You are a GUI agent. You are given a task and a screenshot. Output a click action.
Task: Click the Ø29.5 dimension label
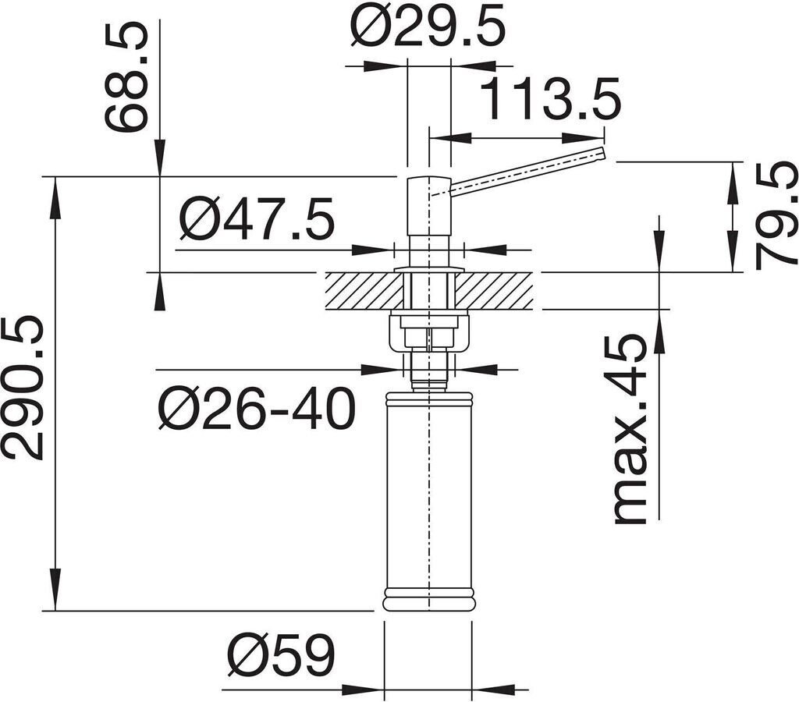[428, 27]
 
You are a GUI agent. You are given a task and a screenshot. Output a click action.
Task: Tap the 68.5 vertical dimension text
[126, 76]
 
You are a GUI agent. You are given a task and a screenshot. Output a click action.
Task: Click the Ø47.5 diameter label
[257, 218]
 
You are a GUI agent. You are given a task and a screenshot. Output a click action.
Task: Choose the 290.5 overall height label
[23, 388]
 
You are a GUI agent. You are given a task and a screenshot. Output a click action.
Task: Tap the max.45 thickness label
[630, 429]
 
